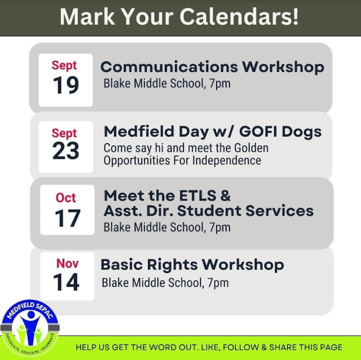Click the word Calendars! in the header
239,16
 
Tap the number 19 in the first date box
66,85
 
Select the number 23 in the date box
66,151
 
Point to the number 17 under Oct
67,218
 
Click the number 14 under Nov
66,282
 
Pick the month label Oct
66,198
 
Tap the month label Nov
67,263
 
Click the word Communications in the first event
169,67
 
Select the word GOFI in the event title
258,132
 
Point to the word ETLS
198,196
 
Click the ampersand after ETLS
225,196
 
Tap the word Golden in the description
251,148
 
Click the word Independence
227,160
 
